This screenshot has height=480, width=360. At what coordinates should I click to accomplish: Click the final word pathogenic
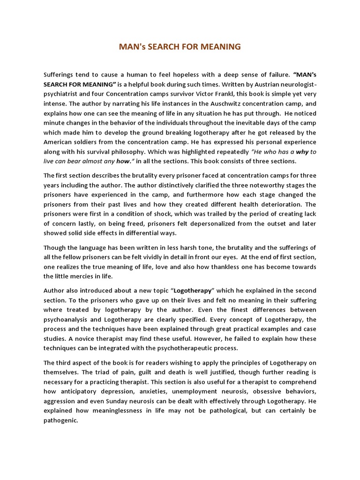tap(60, 420)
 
